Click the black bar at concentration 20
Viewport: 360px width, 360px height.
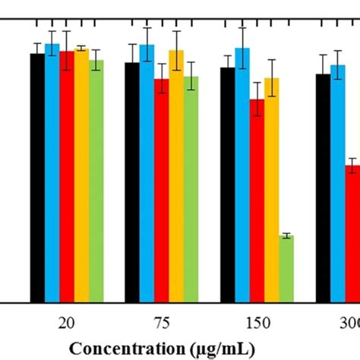point(37,178)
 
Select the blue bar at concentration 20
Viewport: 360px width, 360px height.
point(52,174)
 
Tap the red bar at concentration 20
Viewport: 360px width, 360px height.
point(67,178)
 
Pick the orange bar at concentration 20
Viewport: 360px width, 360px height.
point(81,176)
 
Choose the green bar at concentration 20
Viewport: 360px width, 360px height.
point(96,182)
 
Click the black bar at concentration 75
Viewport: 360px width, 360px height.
point(132,183)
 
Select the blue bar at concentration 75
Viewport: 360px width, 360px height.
point(147,175)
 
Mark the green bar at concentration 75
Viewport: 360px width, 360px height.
point(191,190)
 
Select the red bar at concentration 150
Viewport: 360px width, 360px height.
point(257,202)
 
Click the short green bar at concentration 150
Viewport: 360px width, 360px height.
point(286,270)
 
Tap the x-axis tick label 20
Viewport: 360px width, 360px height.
point(67,323)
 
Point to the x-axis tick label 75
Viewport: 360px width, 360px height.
point(162,323)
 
